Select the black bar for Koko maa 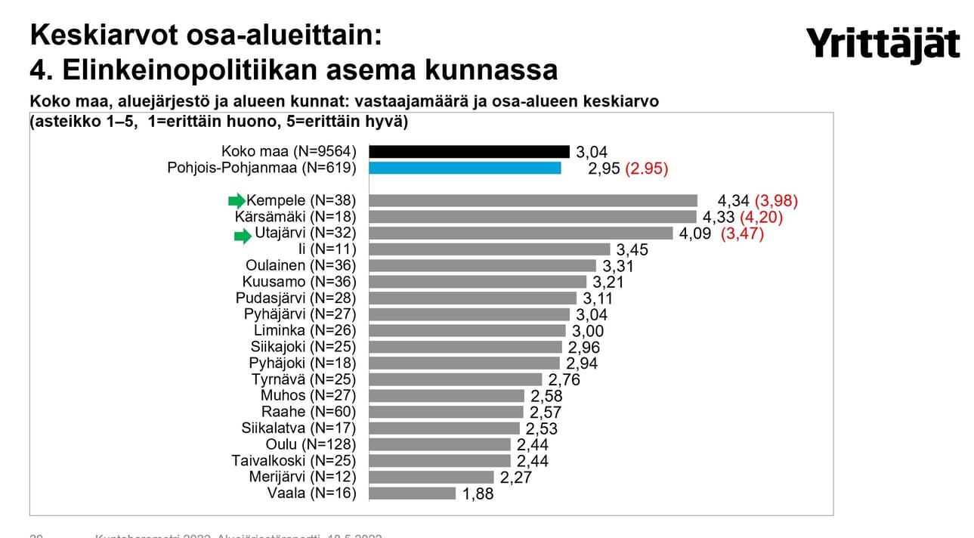(x=469, y=151)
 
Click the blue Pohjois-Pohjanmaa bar (x=465, y=168)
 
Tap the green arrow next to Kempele (x=237, y=200)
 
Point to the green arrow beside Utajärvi (x=242, y=237)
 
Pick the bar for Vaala (x=413, y=493)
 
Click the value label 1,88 (x=479, y=494)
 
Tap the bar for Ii (x=489, y=249)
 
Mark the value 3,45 (x=634, y=249)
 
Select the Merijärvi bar (x=431, y=477)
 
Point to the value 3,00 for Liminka (x=589, y=331)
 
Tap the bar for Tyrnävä (x=456, y=379)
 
